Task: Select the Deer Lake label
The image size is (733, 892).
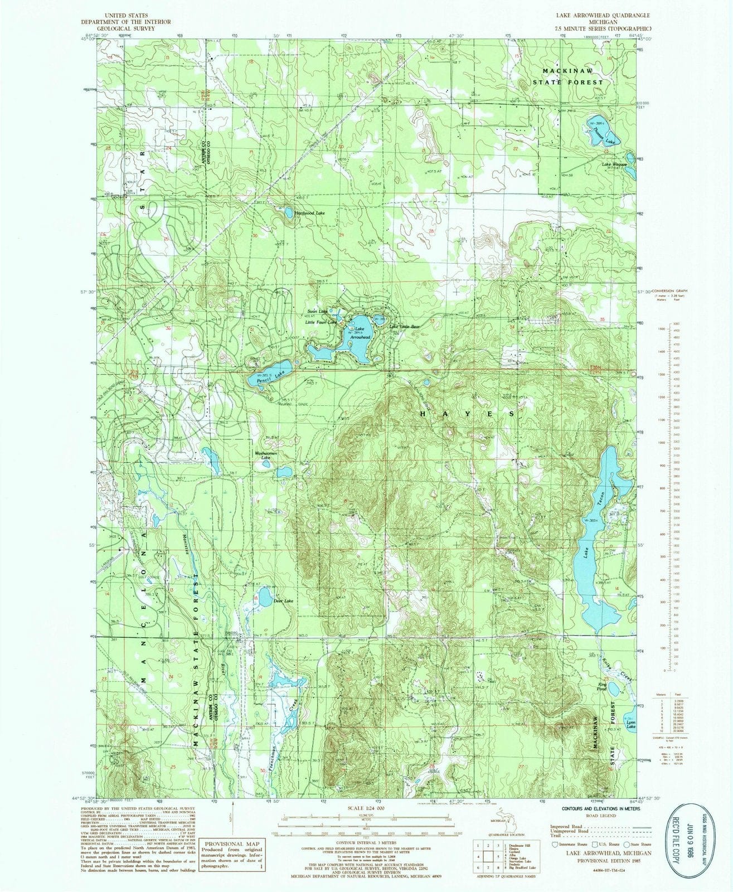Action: [281, 602]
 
